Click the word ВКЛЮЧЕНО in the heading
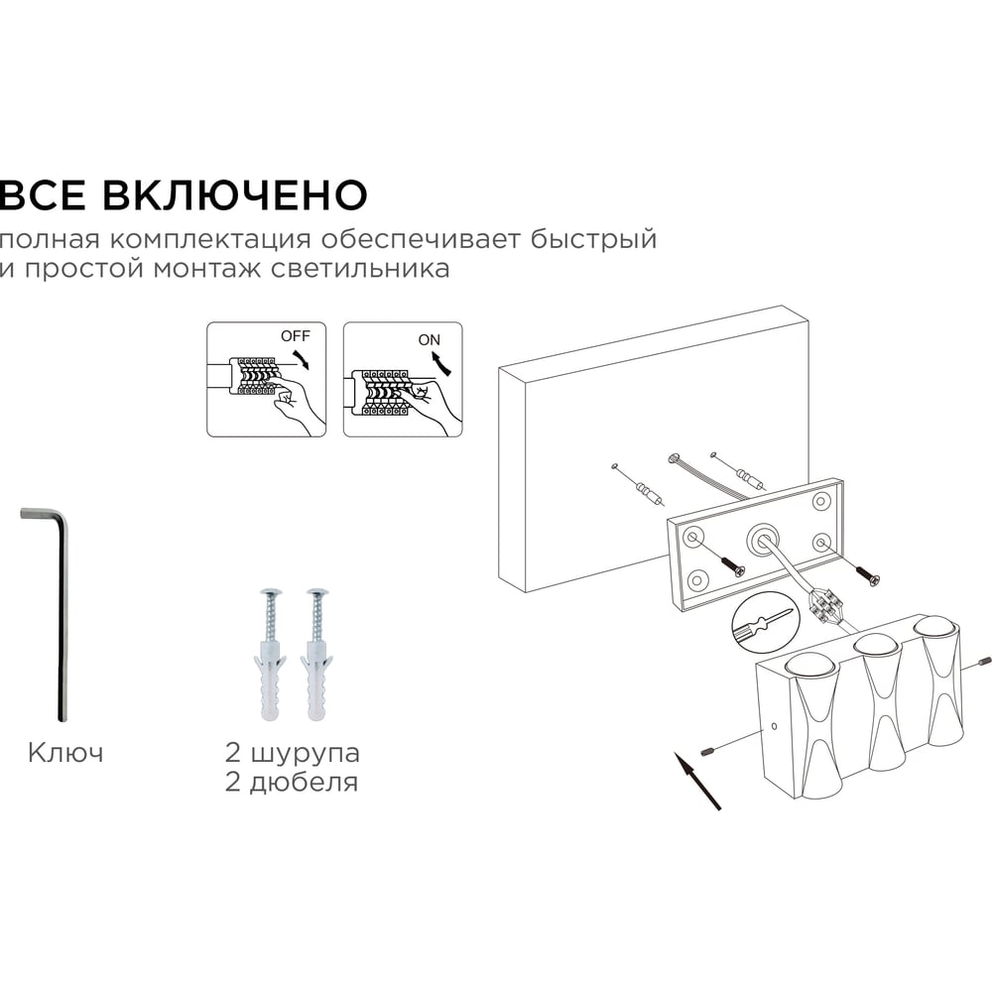(235, 194)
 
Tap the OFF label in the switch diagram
(296, 336)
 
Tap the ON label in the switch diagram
(429, 339)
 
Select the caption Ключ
(65, 753)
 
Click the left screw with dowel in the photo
(272, 655)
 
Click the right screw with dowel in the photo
(317, 655)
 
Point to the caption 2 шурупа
(293, 753)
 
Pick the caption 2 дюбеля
(291, 783)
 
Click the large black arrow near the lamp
(697, 781)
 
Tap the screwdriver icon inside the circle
(762, 622)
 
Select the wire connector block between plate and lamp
(825, 603)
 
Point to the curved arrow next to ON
(443, 365)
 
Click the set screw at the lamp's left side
(708, 752)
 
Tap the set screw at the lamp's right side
(983, 662)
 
